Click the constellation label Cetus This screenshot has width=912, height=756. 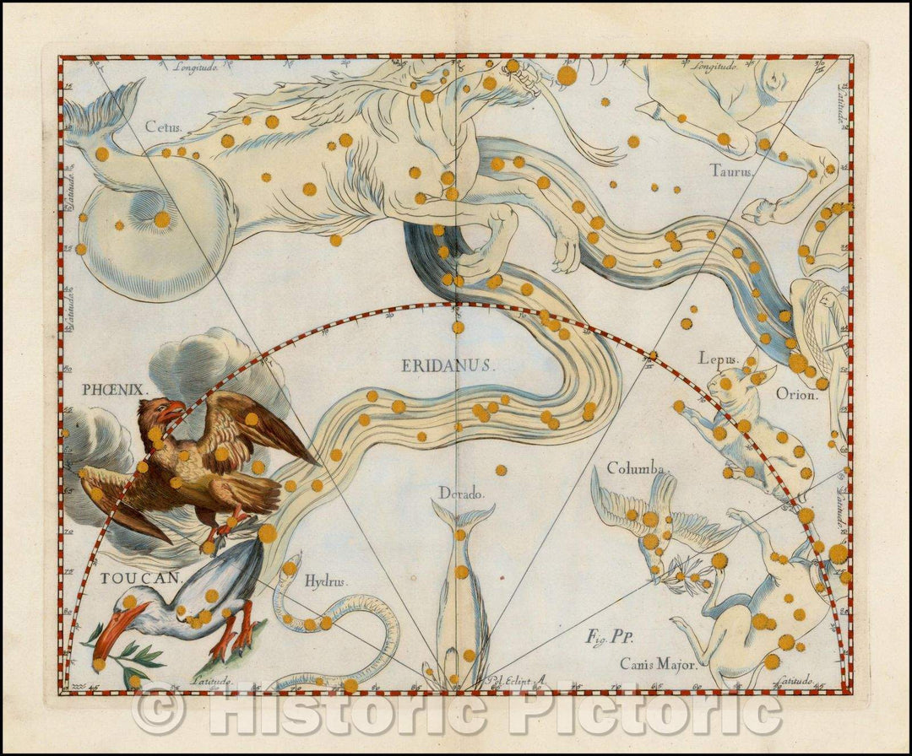(162, 127)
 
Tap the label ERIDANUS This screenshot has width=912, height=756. (446, 365)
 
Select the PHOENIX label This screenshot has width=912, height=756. (115, 389)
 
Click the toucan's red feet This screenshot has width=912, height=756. (236, 637)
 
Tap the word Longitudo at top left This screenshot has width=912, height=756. (196, 66)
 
